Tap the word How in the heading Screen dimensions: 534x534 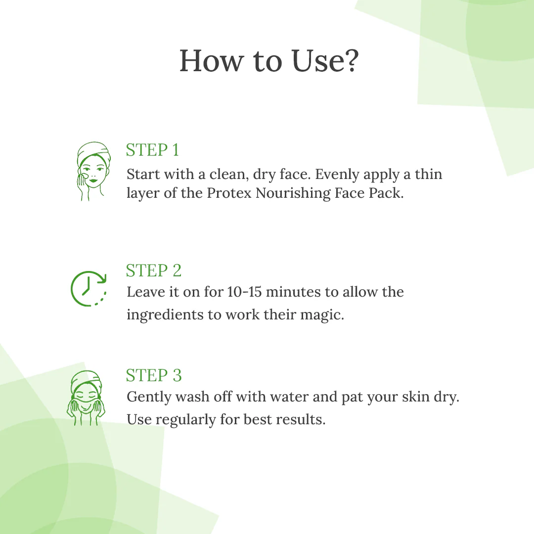[212, 61]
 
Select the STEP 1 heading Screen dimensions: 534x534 [152, 150]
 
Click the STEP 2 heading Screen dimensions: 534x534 [154, 270]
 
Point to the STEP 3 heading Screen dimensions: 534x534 [154, 375]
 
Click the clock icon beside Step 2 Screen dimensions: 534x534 [89, 289]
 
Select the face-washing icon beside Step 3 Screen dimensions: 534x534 [86, 398]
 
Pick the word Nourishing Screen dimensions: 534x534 [293, 193]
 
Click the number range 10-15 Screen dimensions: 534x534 [245, 292]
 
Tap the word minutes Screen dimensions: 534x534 [293, 292]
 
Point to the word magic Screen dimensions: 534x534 [322, 315]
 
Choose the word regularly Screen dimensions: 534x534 [185, 420]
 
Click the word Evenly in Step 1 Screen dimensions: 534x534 [337, 175]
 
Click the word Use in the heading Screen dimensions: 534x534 [315, 61]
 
